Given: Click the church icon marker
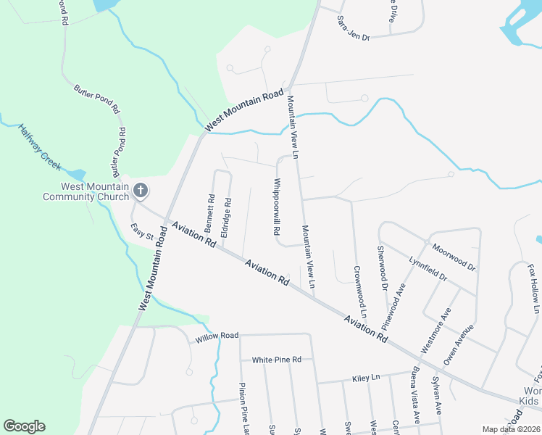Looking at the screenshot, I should click(x=141, y=191).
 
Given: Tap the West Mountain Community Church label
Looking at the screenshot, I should click(x=86, y=191).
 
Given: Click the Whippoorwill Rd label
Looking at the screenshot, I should click(x=276, y=207).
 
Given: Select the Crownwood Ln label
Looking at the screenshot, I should click(x=359, y=294).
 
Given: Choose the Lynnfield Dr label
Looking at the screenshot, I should click(x=428, y=268).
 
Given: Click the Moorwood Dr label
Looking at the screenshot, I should click(x=454, y=257).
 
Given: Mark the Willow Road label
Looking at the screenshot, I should click(x=217, y=337).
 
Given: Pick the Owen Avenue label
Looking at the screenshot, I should click(x=459, y=344).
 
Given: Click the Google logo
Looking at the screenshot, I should click(x=24, y=426).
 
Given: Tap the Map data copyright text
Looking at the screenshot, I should click(x=512, y=429).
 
